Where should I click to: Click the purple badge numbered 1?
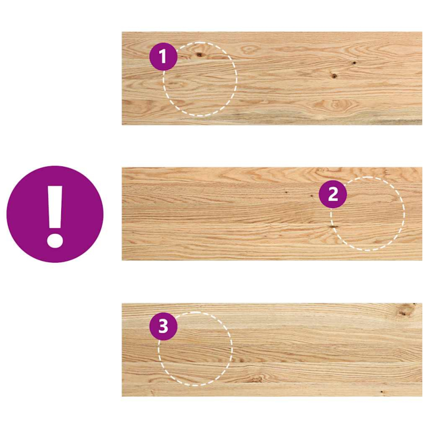(163, 56)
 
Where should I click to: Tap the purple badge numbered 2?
(333, 194)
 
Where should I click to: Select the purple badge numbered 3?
(163, 326)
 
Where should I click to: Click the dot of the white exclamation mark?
(55, 238)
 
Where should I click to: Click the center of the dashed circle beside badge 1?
(200, 79)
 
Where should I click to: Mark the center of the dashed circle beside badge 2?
(368, 214)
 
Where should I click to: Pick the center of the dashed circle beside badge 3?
(195, 349)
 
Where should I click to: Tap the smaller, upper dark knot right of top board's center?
(354, 63)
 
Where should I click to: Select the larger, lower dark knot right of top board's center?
(334, 76)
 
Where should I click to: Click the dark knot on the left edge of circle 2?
(333, 227)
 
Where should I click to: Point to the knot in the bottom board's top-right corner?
(408, 309)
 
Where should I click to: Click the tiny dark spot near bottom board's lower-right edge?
(382, 392)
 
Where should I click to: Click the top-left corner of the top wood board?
(122, 32)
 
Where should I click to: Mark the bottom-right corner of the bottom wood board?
(421, 396)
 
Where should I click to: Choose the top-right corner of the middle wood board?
(421, 168)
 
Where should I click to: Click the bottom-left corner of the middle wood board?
(122, 260)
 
